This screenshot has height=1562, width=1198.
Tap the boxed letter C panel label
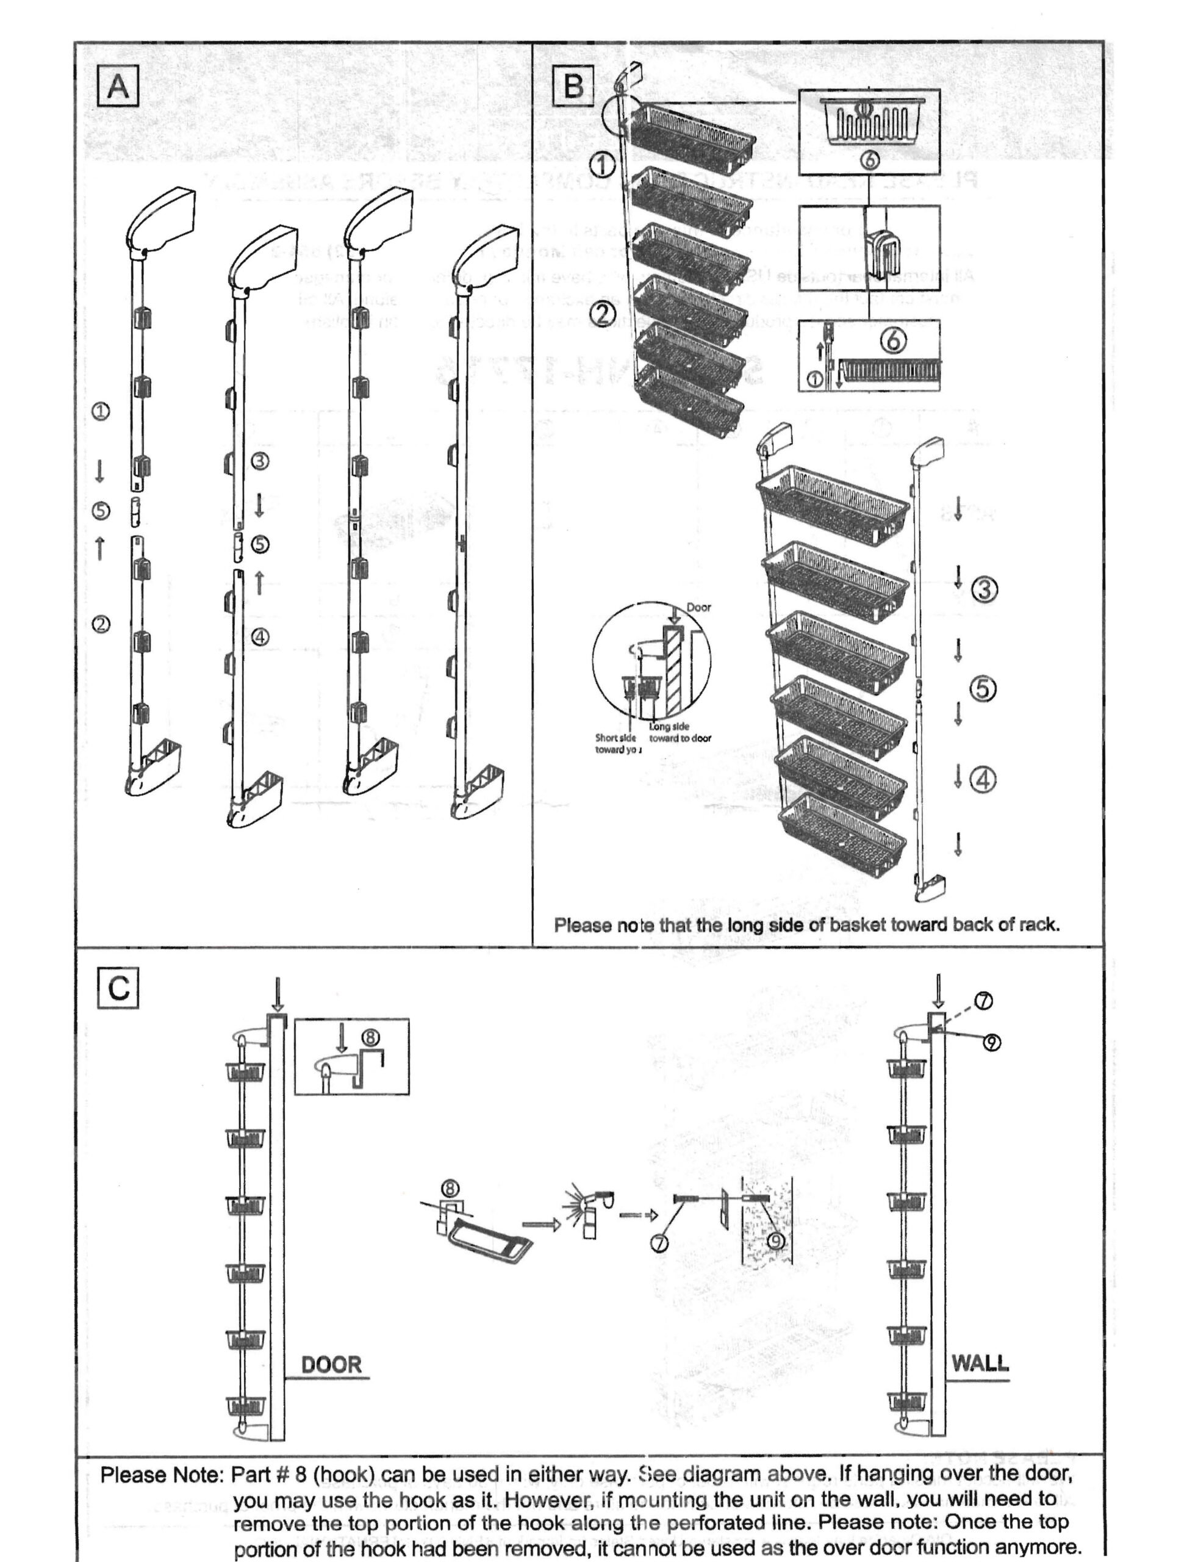[118, 988]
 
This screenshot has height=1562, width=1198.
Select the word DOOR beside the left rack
[332, 1364]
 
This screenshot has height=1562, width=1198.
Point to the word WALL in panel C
[980, 1363]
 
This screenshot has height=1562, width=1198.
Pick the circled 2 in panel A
[101, 624]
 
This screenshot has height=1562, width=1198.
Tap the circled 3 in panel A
[260, 461]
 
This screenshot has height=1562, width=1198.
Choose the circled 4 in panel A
[260, 637]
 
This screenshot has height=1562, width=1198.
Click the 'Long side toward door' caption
[680, 733]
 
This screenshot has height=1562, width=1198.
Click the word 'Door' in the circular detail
[698, 607]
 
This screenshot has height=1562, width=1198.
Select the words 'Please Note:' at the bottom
[162, 1474]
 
